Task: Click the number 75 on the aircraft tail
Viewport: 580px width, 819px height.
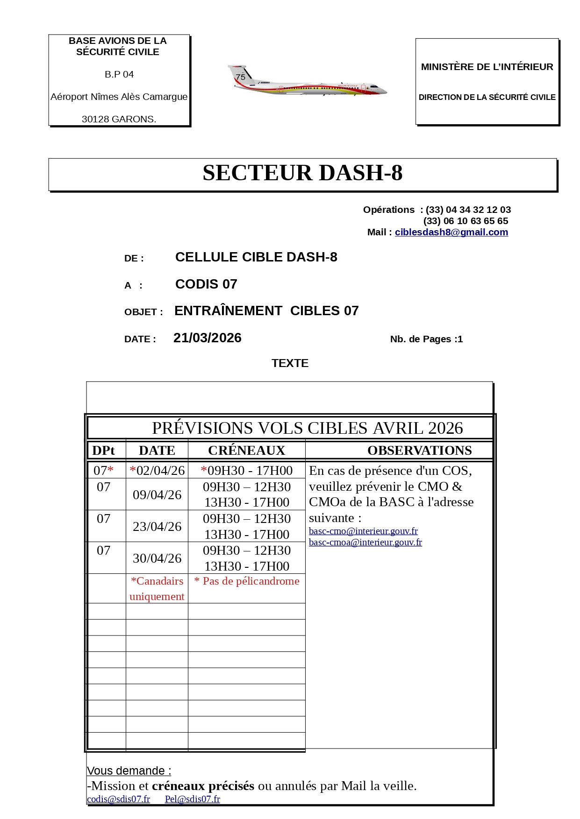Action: click(x=241, y=77)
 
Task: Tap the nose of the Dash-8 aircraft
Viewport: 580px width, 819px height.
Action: click(x=384, y=90)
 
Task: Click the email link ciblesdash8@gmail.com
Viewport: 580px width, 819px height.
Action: click(x=451, y=232)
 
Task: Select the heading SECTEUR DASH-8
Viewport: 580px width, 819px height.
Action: click(x=302, y=173)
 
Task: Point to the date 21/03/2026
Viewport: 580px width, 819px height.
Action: click(x=207, y=338)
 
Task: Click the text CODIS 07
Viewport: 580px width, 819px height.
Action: click(x=206, y=284)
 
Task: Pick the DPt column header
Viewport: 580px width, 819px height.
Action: click(x=103, y=451)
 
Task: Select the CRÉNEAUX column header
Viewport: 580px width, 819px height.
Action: click(x=246, y=451)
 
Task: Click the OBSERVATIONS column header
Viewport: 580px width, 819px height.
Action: click(x=419, y=451)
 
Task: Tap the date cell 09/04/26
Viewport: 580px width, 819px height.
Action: click(x=157, y=495)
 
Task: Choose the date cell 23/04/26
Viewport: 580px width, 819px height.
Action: click(x=157, y=527)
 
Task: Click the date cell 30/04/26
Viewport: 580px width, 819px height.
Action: click(x=157, y=558)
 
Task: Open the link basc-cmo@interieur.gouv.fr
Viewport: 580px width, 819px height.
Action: click(x=363, y=531)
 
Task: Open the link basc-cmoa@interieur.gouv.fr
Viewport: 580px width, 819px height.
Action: click(x=365, y=543)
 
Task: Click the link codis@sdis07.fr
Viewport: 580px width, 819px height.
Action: click(x=118, y=799)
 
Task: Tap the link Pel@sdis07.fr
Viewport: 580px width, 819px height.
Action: click(x=192, y=799)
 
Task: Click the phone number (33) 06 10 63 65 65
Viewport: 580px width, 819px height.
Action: click(x=465, y=221)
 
